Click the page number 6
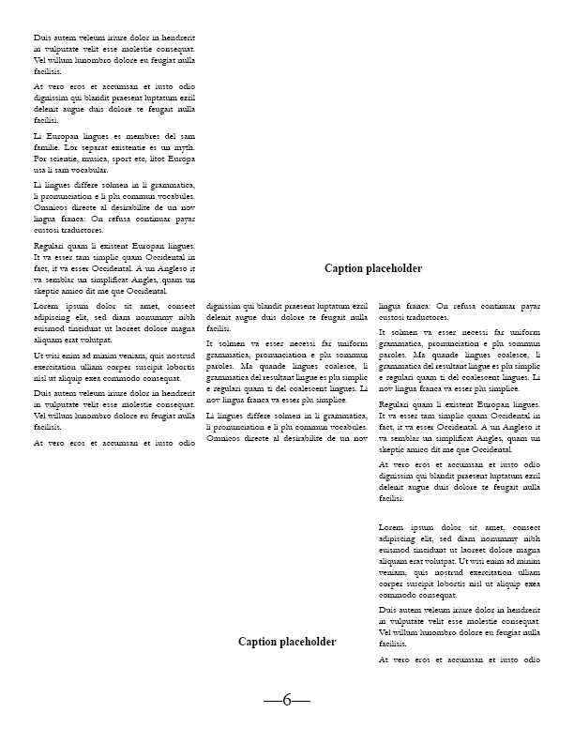[287, 700]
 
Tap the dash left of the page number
[272, 700]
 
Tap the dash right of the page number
[302, 700]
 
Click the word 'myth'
[185, 148]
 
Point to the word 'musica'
[103, 159]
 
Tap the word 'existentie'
[135, 148]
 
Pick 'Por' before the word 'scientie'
[40, 159]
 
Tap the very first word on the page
[42, 36]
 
